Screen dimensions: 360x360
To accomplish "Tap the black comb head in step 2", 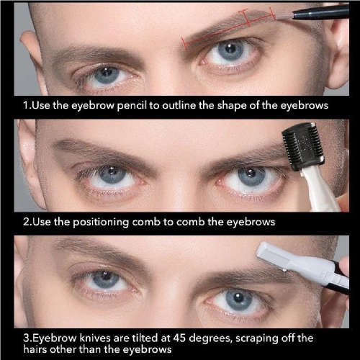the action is click(303, 146).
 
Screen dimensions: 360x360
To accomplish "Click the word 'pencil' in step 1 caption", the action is click(132, 106).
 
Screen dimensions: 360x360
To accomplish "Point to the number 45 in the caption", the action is click(179, 338).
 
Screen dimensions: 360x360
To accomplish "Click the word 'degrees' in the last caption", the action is click(210, 339).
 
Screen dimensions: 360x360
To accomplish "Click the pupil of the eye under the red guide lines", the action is click(231, 49).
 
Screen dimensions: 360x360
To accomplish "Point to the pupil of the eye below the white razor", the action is click(238, 298).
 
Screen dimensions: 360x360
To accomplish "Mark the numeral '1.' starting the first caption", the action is click(27, 105).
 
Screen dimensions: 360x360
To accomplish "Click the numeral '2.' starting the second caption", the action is click(28, 222).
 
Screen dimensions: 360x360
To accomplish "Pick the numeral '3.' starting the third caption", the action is click(28, 338).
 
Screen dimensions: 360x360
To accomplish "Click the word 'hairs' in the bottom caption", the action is click(35, 349).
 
